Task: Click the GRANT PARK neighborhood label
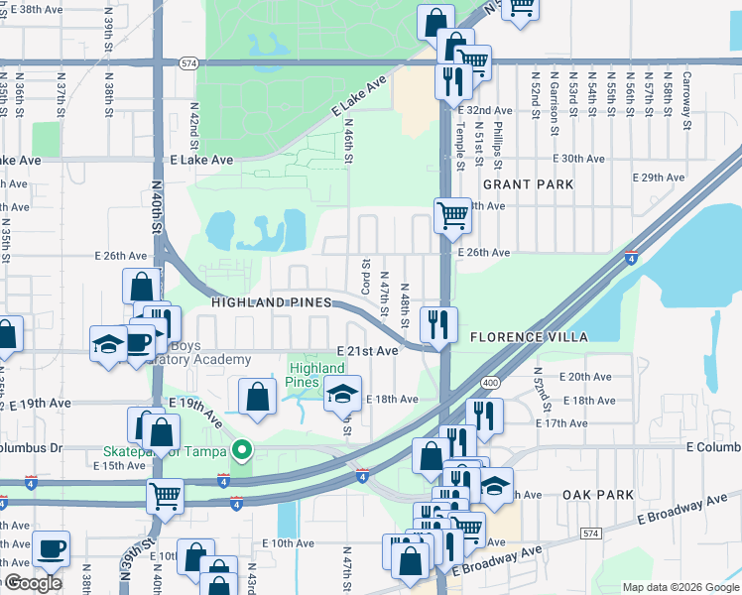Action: pyautogui.click(x=528, y=184)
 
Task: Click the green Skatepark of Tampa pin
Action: pyautogui.click(x=240, y=452)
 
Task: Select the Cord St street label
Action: pyautogui.click(x=366, y=275)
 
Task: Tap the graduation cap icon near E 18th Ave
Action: pyautogui.click(x=342, y=395)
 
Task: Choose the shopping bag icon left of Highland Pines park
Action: pyautogui.click(x=257, y=398)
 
